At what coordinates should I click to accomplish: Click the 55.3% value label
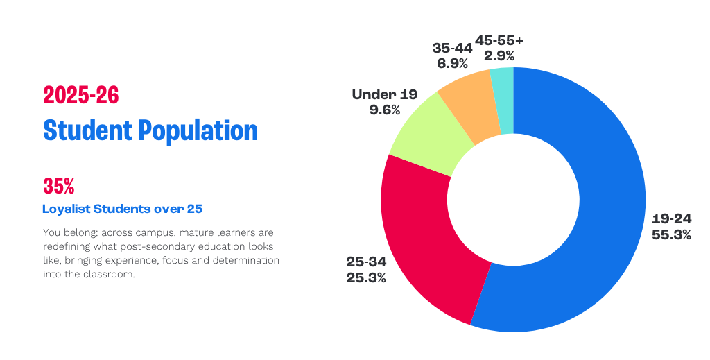(x=671, y=235)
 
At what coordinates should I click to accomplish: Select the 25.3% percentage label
(x=366, y=278)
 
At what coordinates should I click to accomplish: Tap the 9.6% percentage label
(x=385, y=110)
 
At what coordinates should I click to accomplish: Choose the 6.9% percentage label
(x=452, y=64)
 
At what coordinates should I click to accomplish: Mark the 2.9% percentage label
(x=499, y=55)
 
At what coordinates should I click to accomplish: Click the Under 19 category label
(x=385, y=94)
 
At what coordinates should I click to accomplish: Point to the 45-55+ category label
(x=499, y=40)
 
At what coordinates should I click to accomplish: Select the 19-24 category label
(x=671, y=219)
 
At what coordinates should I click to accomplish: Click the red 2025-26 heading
(x=81, y=96)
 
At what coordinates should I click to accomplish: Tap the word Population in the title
(x=198, y=131)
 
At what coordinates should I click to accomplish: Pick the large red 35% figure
(x=59, y=186)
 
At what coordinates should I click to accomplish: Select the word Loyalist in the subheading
(x=67, y=209)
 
